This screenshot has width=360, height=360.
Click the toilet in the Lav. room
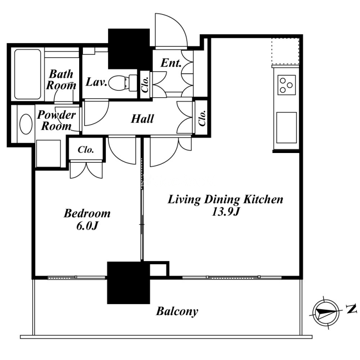coord(122,83)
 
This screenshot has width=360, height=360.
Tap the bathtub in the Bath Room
coord(28,74)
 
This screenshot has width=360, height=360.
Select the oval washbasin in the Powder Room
coord(26,124)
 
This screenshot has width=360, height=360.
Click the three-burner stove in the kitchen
coord(287,85)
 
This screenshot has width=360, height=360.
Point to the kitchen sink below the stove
coord(287,127)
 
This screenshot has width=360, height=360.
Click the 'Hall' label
coord(142,119)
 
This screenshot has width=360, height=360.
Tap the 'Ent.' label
coord(171,63)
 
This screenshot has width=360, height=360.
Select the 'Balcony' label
coord(177,311)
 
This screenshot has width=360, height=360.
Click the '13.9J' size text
coord(225,211)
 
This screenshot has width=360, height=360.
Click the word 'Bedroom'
coord(87,213)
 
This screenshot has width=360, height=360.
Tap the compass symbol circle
coord(326,312)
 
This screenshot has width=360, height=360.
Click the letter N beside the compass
coord(351,309)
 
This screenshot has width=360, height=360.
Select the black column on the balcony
coord(129,283)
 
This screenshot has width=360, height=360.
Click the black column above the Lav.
coord(129,49)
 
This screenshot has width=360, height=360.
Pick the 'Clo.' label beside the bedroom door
coord(85,150)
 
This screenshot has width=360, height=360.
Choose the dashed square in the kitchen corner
coord(285,51)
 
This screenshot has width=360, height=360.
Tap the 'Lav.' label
coord(96,82)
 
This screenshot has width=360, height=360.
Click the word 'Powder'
coord(57,115)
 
